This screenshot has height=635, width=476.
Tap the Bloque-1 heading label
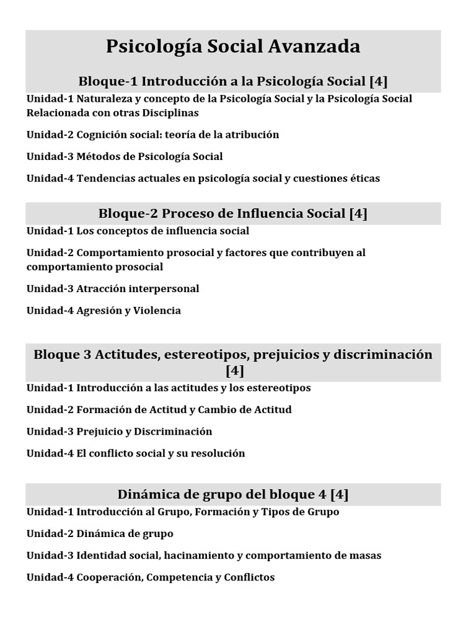107,81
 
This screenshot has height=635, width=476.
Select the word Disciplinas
167,113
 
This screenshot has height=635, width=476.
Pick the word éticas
361,178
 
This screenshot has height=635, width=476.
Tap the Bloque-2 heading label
128,214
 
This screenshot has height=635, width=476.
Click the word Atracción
101,288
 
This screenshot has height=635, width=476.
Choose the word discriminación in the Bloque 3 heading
382,355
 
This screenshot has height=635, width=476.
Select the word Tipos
275,512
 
